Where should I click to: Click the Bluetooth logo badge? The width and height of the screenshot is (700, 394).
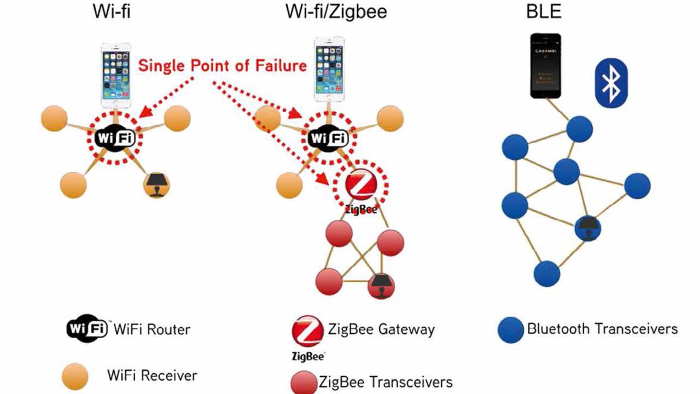point(611,83)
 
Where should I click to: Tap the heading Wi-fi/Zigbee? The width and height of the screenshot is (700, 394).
point(336,11)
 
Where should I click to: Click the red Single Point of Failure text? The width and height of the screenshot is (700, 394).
point(222,66)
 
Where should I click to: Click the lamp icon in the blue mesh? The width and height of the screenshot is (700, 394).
point(587,228)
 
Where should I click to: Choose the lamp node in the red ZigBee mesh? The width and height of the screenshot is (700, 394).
point(381,285)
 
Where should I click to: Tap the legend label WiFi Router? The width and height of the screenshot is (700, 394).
point(152,329)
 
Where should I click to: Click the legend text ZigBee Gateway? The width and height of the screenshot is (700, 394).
point(381,329)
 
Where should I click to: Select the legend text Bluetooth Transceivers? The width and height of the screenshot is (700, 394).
point(602,329)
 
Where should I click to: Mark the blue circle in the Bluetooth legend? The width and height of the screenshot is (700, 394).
point(511,330)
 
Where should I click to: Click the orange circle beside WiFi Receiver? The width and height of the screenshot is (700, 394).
point(75,377)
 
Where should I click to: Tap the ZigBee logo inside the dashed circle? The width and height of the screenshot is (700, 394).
point(360,187)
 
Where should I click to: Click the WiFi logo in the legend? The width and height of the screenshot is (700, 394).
point(87,329)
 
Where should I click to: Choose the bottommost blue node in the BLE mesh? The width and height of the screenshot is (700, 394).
point(547,274)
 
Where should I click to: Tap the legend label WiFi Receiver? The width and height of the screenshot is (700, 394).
point(152,376)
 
